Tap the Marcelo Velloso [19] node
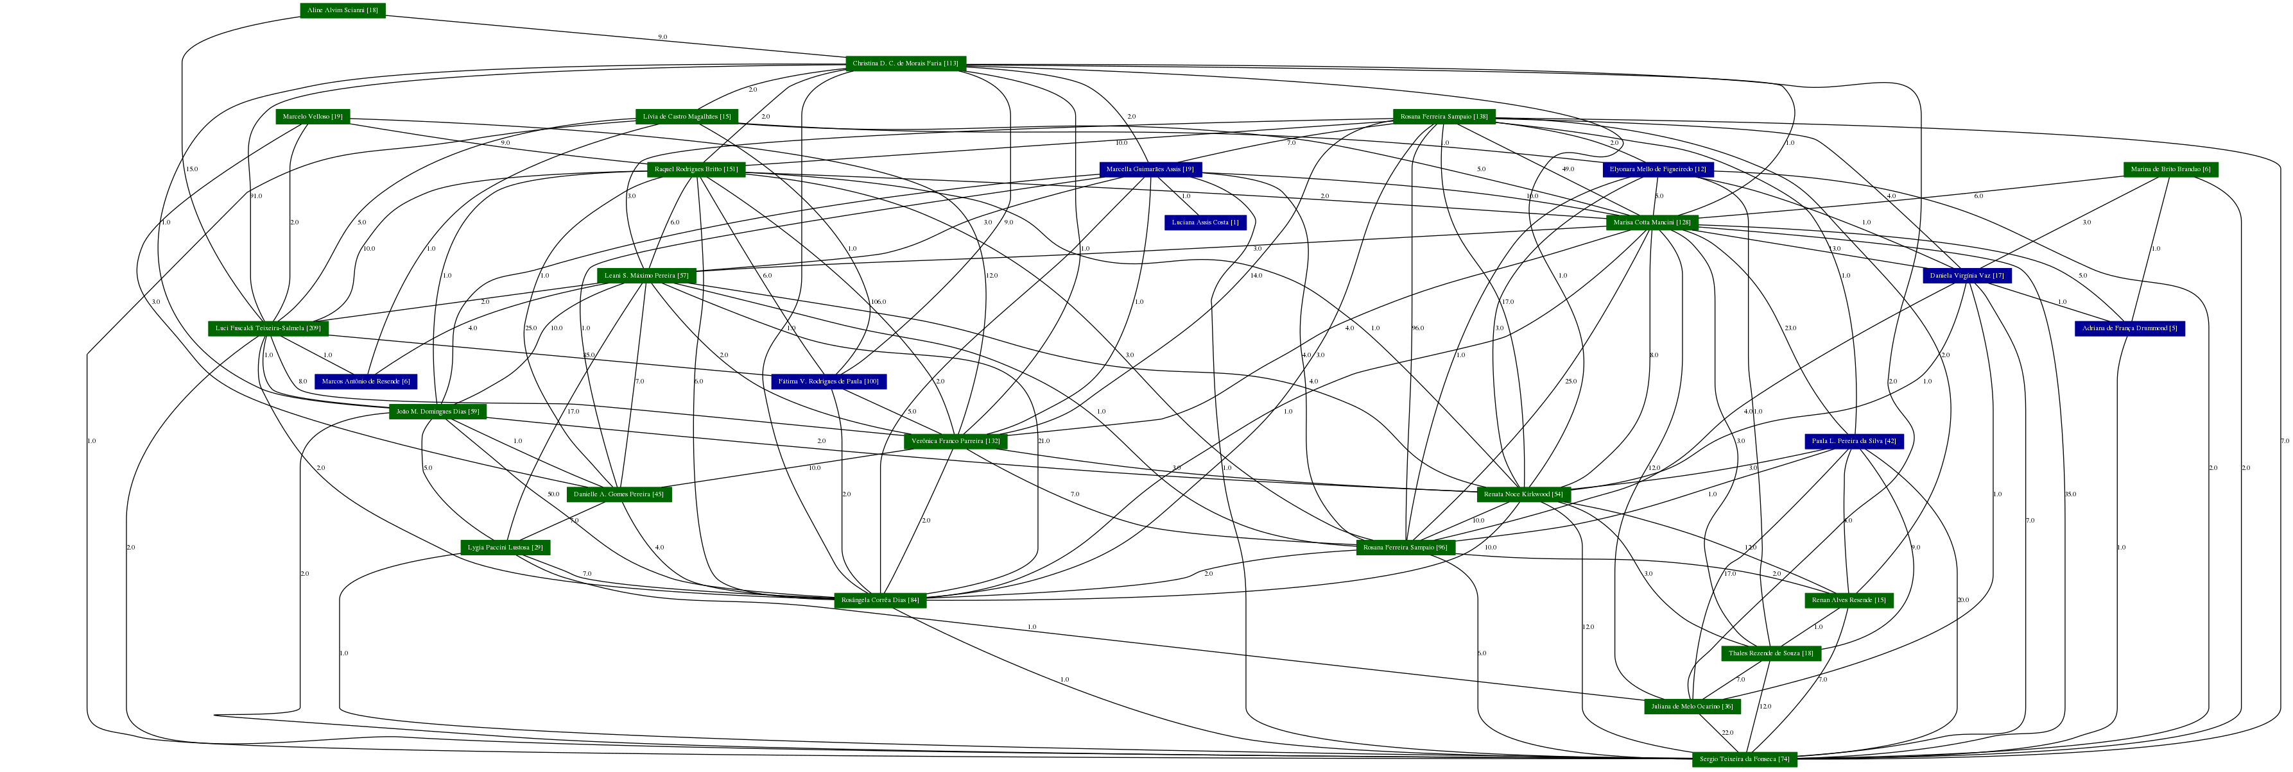[x=313, y=117]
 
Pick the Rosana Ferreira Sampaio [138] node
[x=1444, y=117]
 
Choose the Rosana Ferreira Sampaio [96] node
[x=1406, y=548]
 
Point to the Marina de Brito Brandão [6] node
[x=2170, y=170]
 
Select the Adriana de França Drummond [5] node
[x=2129, y=329]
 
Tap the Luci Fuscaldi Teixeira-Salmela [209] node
[x=269, y=329]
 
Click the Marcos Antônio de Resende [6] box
[x=366, y=382]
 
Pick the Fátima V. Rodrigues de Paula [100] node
[x=828, y=382]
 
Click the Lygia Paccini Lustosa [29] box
[x=506, y=548]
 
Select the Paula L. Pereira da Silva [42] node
[x=1854, y=441]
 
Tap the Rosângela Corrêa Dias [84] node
[x=880, y=600]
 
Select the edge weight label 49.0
[x=1568, y=169]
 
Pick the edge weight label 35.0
[x=2070, y=494]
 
